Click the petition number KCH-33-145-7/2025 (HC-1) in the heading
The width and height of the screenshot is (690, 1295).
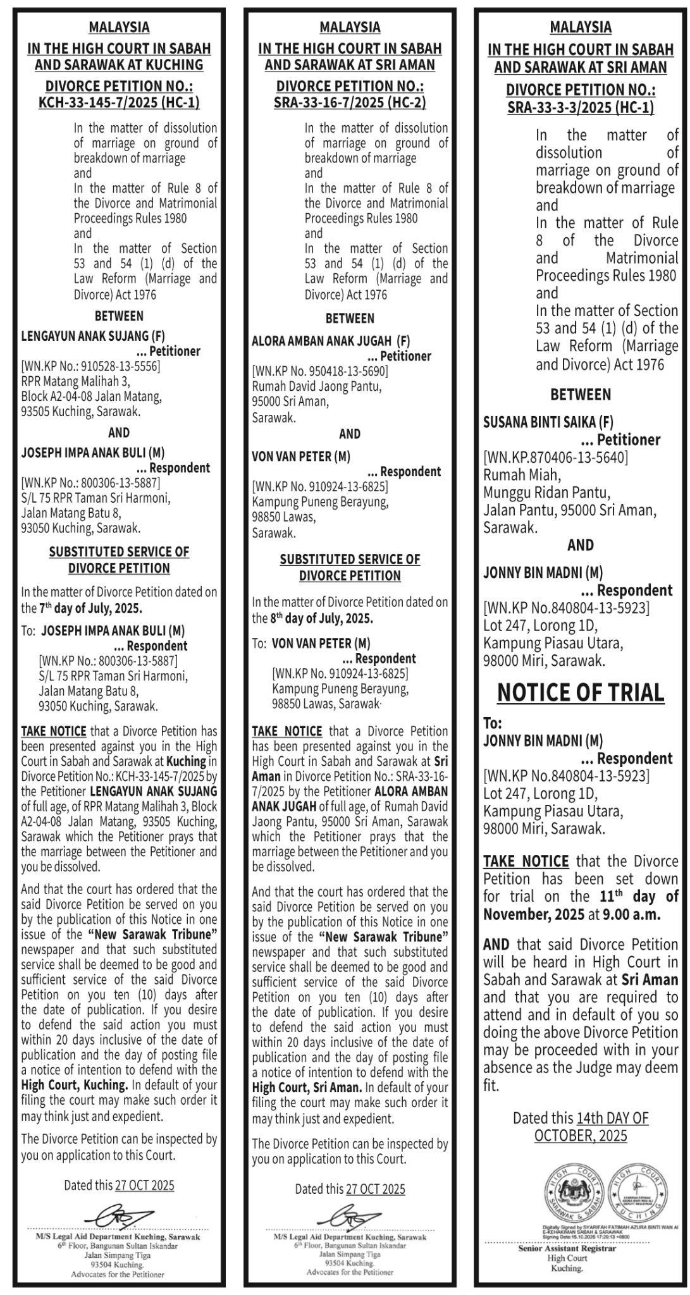[x=119, y=102]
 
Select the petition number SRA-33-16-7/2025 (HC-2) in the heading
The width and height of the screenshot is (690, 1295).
[x=350, y=102]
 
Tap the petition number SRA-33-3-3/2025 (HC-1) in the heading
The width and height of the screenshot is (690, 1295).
[x=581, y=107]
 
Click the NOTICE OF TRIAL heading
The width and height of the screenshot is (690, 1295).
[x=581, y=693]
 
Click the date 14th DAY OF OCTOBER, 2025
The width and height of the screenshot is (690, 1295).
[x=581, y=1127]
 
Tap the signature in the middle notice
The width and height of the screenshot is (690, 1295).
[x=350, y=1217]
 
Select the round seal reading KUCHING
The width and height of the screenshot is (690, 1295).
[x=639, y=1190]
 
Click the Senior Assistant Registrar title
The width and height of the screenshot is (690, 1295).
[x=567, y=1249]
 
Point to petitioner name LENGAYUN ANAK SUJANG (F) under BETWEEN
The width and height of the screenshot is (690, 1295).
[x=93, y=336]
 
